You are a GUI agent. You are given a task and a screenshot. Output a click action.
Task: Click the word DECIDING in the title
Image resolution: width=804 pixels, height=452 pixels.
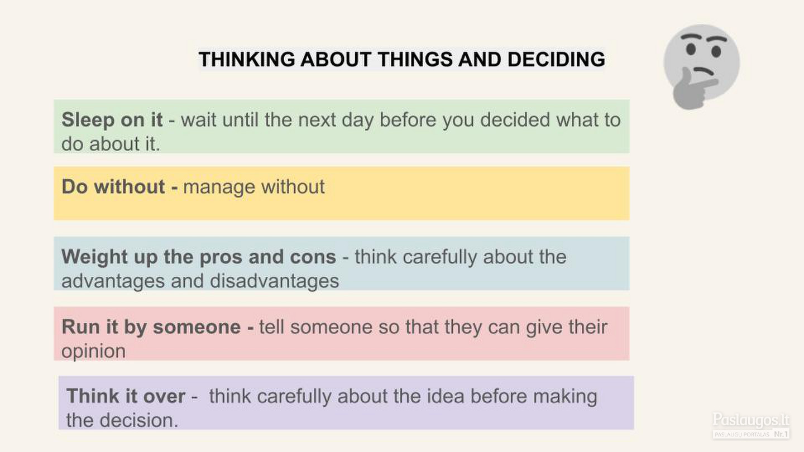click(556, 59)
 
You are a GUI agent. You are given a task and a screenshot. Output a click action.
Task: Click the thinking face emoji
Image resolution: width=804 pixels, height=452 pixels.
click(701, 66)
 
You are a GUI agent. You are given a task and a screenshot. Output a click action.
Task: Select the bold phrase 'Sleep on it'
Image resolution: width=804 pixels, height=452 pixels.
click(112, 119)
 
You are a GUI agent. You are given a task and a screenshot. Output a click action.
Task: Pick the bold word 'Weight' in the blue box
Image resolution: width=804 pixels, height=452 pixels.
click(95, 257)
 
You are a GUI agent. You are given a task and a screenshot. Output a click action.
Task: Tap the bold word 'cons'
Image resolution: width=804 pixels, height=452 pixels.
click(318, 257)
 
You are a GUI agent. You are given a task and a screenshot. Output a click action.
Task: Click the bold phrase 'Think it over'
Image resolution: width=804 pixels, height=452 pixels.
click(126, 396)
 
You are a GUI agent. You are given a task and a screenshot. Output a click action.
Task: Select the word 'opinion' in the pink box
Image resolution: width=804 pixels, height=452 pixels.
click(93, 352)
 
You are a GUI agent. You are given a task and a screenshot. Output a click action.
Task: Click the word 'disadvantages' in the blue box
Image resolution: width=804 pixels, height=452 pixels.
click(274, 281)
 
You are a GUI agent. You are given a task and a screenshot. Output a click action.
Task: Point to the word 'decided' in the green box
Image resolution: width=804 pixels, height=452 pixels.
click(515, 119)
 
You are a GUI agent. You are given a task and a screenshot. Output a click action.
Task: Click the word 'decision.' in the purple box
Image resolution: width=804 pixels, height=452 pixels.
click(139, 420)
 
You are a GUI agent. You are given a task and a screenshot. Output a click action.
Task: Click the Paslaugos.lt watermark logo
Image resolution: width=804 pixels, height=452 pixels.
click(751, 425)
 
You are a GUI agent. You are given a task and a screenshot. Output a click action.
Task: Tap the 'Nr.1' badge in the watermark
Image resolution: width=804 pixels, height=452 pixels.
click(781, 434)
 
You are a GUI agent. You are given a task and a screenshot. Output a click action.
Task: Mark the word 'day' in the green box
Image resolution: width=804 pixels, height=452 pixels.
click(357, 120)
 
